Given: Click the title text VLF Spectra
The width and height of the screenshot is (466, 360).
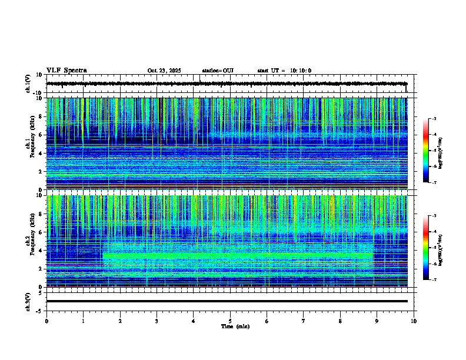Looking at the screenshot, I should click(x=66, y=71).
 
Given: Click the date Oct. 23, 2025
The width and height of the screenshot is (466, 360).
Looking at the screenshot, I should click(x=164, y=71).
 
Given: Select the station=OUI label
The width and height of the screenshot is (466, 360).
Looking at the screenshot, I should click(x=218, y=71).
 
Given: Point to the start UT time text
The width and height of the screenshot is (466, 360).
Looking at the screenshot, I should click(x=284, y=71).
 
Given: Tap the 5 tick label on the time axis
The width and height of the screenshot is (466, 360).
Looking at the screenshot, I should click(x=230, y=321).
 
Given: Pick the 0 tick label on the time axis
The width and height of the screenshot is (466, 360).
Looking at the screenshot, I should click(x=46, y=321).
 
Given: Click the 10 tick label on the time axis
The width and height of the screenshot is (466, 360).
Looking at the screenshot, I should click(x=414, y=321).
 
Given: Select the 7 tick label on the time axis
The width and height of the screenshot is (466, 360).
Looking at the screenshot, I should click(x=304, y=321).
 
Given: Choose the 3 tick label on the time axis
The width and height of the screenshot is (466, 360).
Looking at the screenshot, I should click(x=157, y=321).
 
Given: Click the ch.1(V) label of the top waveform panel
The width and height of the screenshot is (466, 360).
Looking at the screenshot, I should click(x=28, y=84).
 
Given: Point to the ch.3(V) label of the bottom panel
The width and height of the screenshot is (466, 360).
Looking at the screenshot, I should click(x=28, y=301).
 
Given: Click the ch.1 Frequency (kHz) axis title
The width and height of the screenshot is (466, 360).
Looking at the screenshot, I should click(x=29, y=144).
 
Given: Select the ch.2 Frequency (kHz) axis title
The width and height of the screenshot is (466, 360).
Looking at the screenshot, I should click(x=29, y=241).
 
